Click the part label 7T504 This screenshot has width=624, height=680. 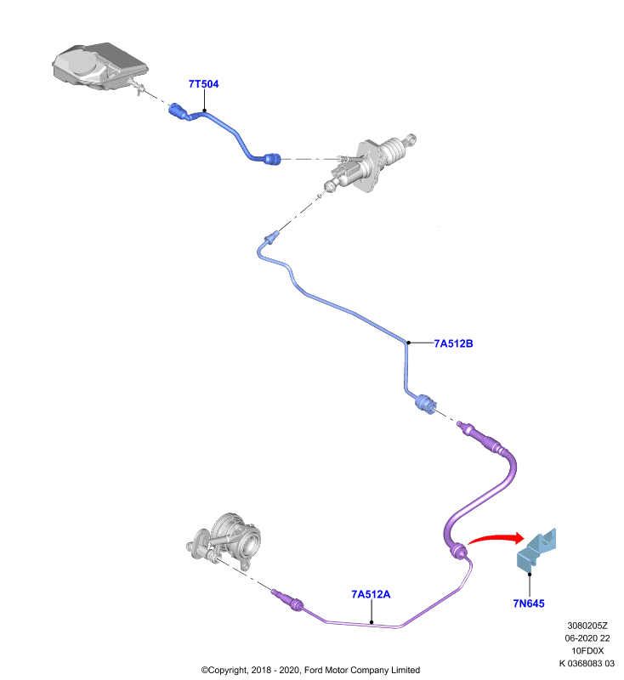(x=203, y=83)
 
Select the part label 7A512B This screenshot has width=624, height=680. (x=453, y=343)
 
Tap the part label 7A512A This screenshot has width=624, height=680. (x=371, y=594)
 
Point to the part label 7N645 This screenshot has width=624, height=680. (x=529, y=603)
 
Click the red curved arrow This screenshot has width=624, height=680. (x=494, y=538)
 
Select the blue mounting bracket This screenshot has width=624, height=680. (x=536, y=548)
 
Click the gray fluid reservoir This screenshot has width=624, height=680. (x=99, y=67)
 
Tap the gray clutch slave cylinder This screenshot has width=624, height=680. (x=225, y=540)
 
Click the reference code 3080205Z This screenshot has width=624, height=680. (x=587, y=626)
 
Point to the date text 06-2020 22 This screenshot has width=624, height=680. (x=587, y=638)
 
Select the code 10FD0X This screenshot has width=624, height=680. (x=587, y=651)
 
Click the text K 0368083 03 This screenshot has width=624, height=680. (x=587, y=664)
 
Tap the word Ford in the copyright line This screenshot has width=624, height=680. (x=314, y=670)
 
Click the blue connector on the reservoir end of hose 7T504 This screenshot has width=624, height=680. (x=178, y=110)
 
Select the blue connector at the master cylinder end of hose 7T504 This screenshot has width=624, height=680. (x=273, y=159)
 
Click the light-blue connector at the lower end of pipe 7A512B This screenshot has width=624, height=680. (x=425, y=404)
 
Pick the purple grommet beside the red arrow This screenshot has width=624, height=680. (x=458, y=551)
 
